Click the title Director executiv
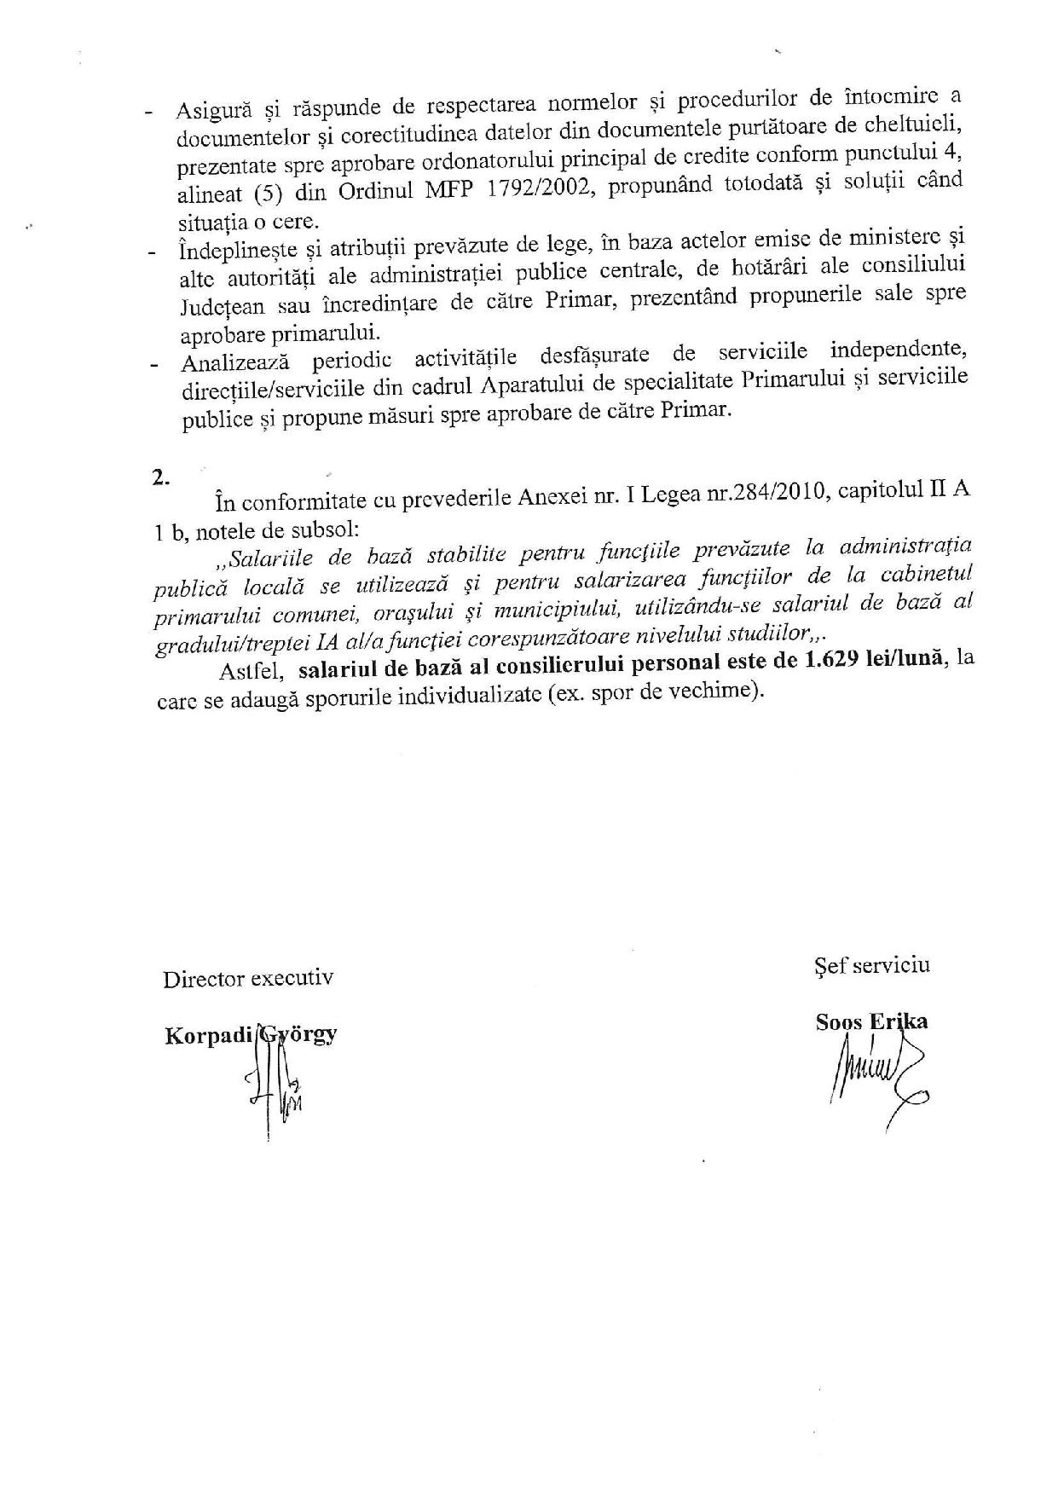[248, 977]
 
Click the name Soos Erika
[871, 1021]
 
